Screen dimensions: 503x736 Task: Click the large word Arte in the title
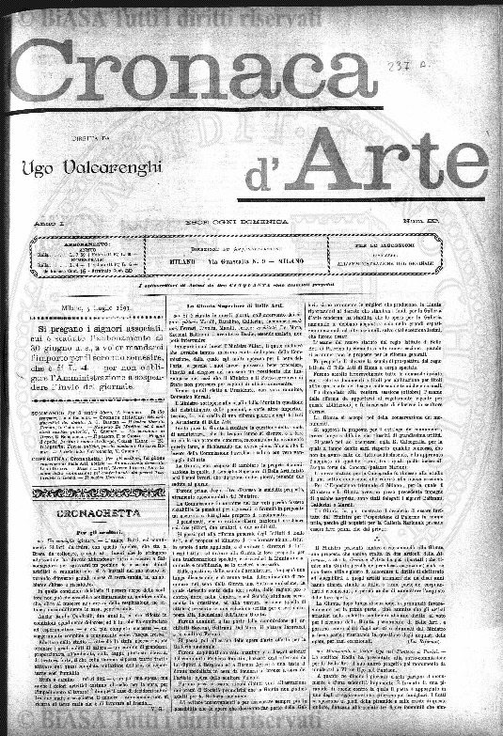coord(395,157)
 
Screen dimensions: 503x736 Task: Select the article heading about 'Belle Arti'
coord(243,306)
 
